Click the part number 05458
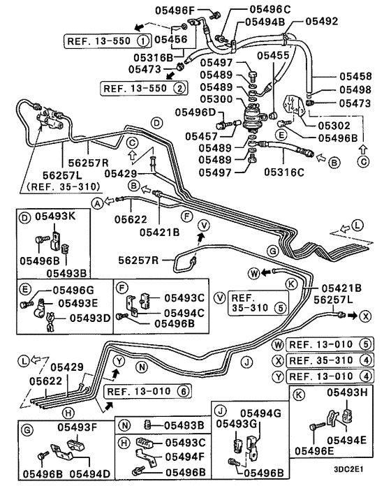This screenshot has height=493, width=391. [357, 75]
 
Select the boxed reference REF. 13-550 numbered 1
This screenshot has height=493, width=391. [104, 41]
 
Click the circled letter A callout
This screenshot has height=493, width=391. [98, 202]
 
